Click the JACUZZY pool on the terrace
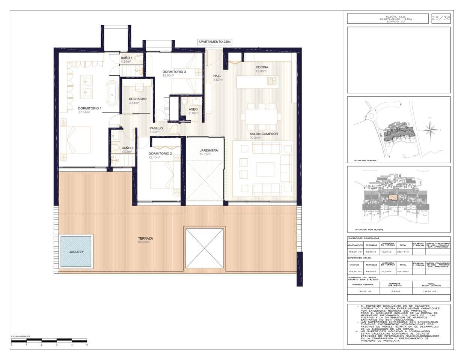point(76,251)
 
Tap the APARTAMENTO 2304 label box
point(214,42)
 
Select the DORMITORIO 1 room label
point(90,108)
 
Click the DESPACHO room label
point(137,99)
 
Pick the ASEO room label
point(193,109)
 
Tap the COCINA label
point(262,67)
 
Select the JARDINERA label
point(209,150)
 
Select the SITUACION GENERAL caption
point(366,160)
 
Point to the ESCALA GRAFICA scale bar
point(49,341)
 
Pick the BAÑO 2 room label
point(127,148)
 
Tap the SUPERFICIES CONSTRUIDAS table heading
point(363,238)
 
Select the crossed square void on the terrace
point(205,247)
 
